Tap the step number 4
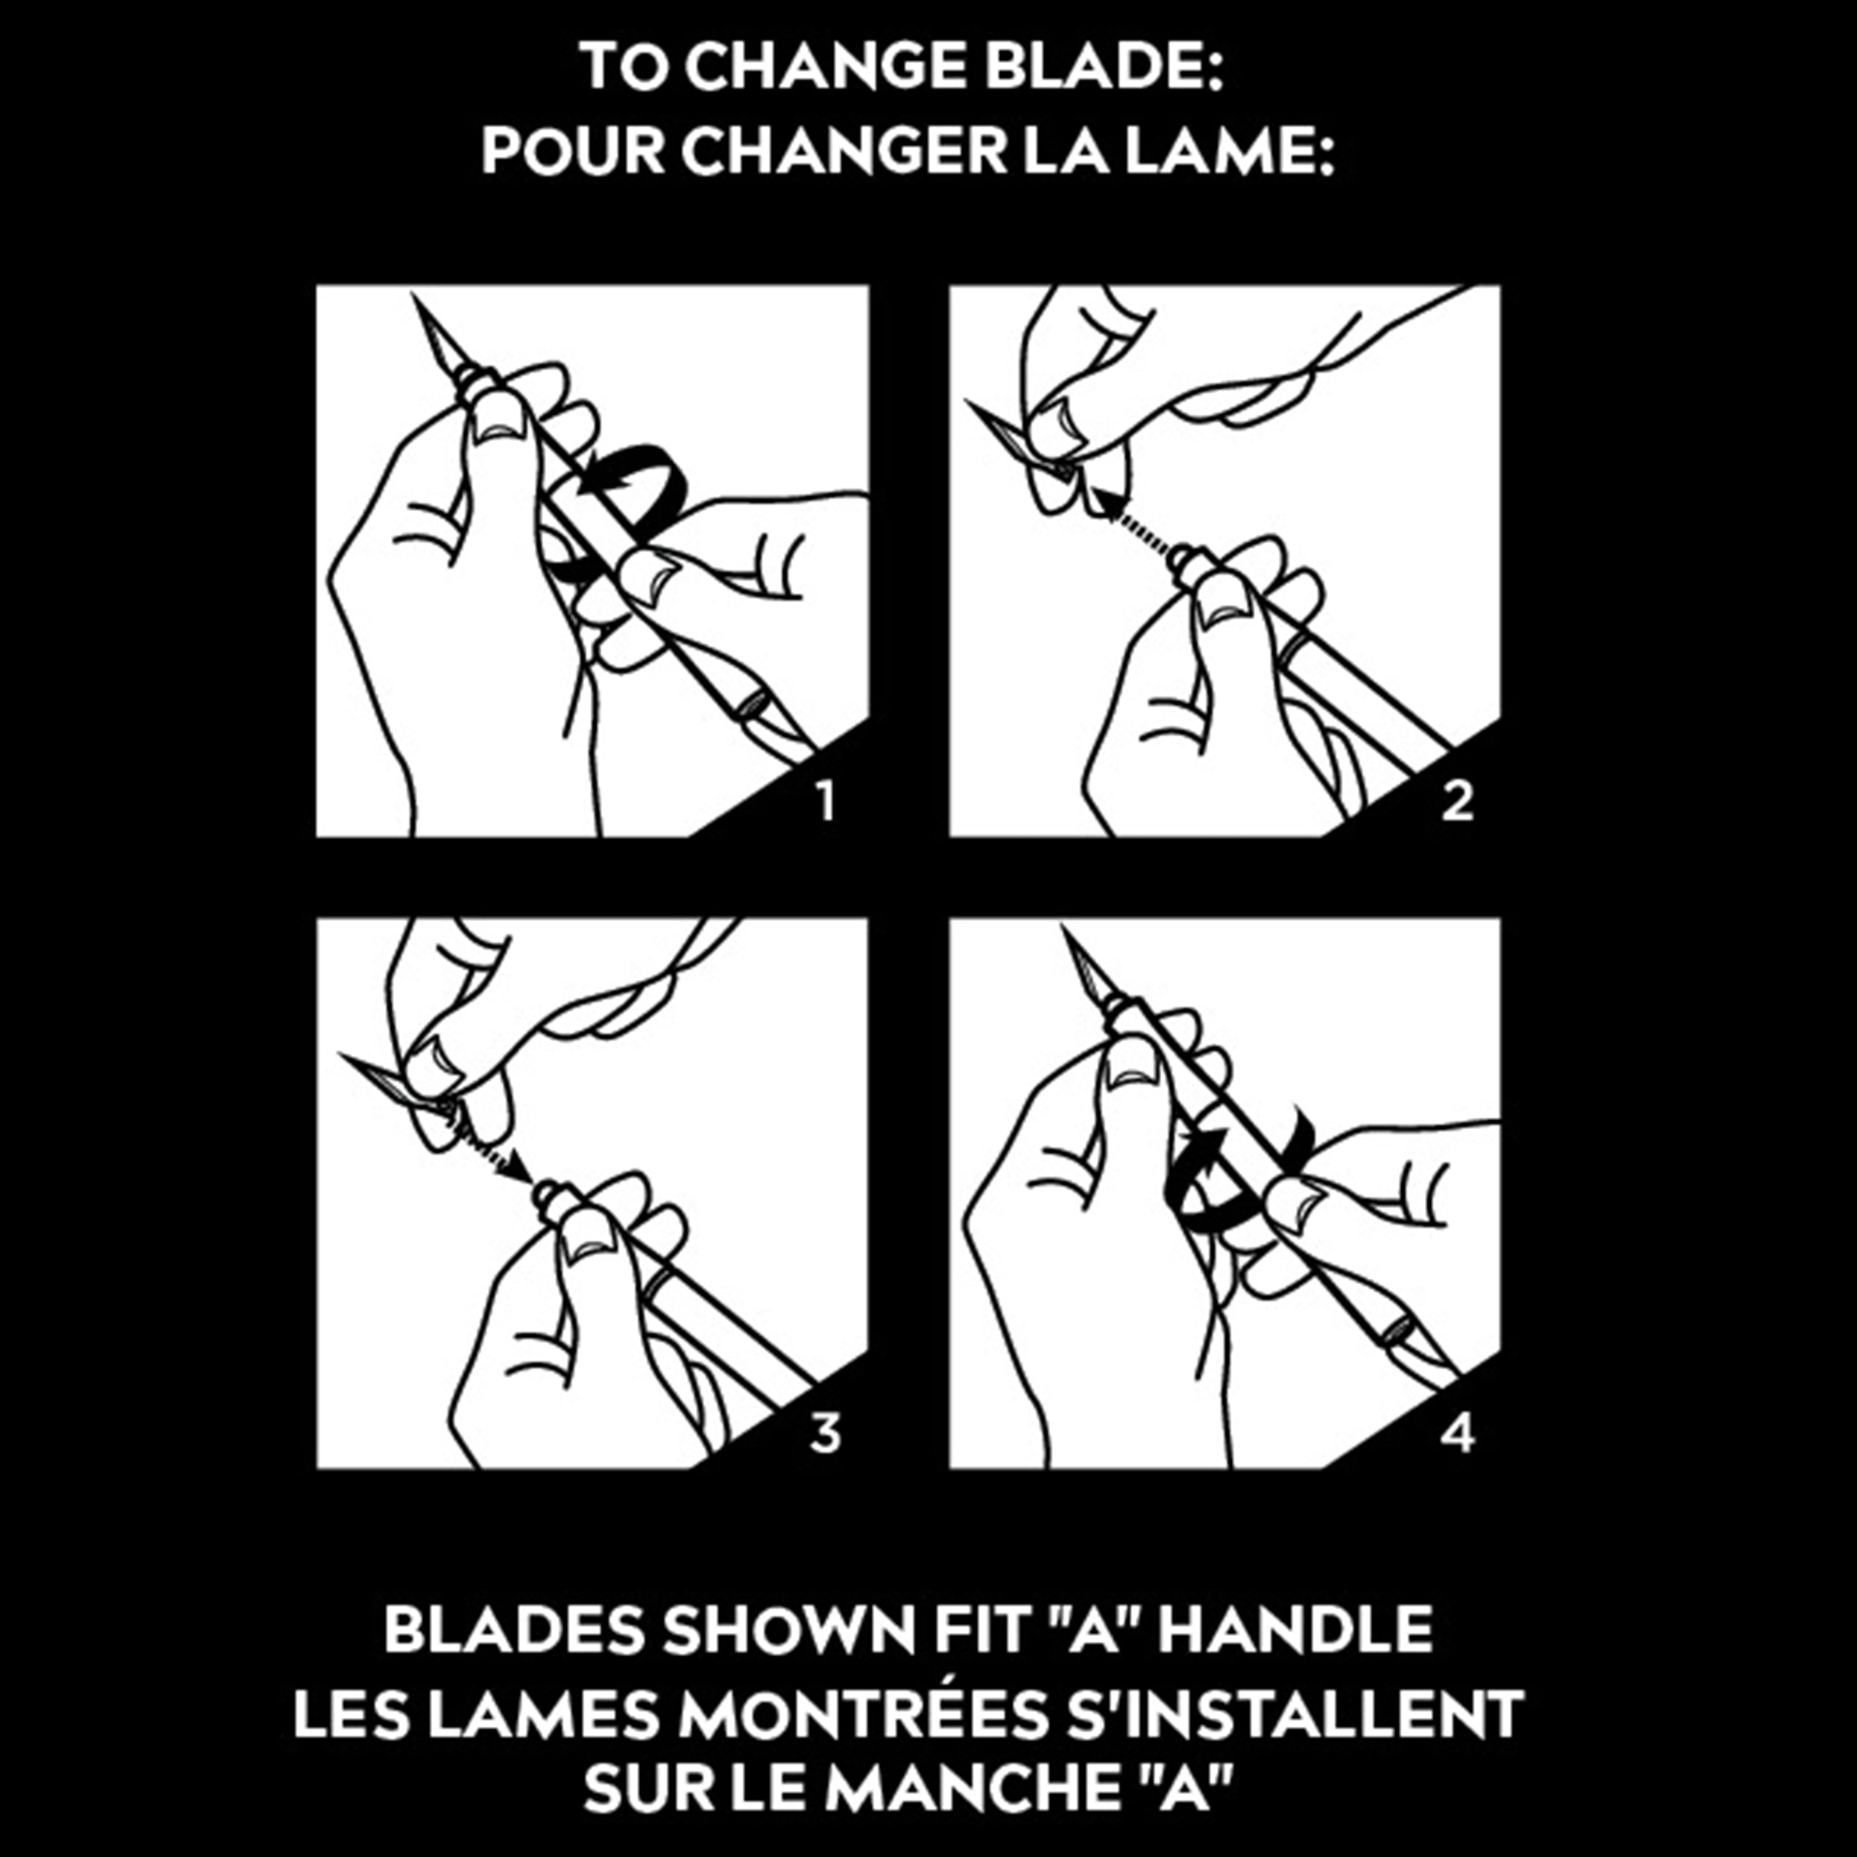coord(1457,1434)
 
